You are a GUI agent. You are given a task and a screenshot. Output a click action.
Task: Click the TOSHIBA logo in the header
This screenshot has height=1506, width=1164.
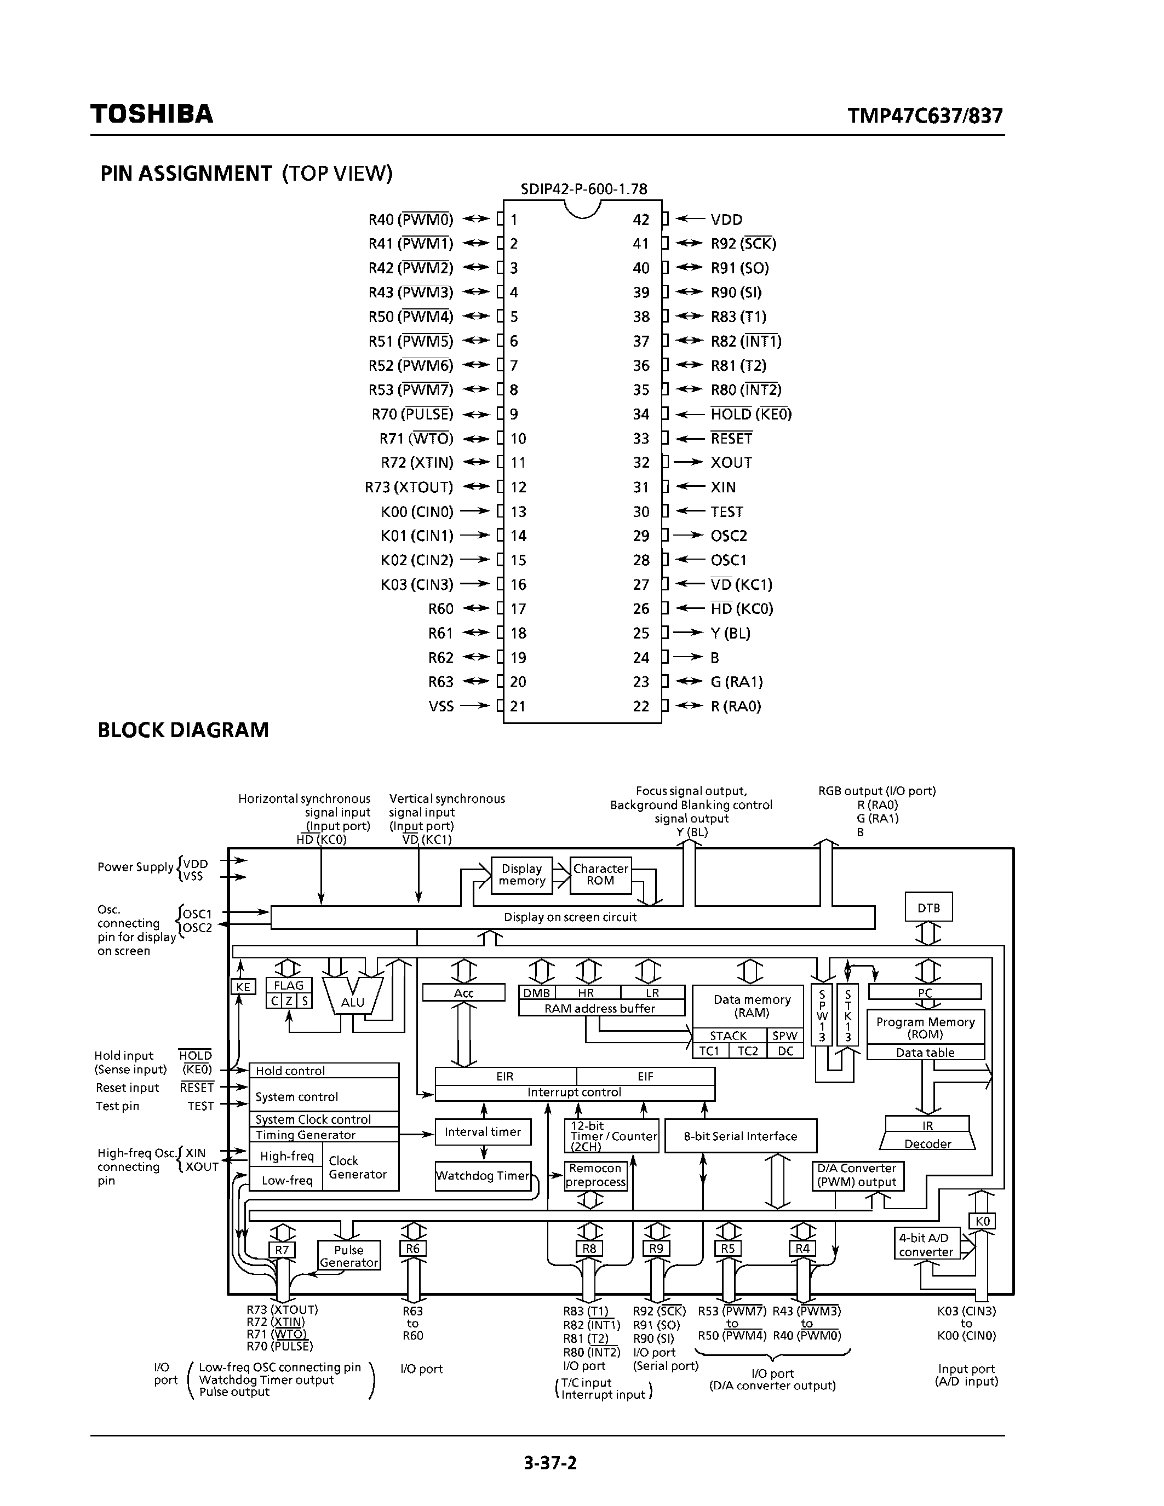pyautogui.click(x=152, y=114)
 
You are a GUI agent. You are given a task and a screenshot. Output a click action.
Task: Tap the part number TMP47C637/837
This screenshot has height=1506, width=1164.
pyautogui.click(x=925, y=115)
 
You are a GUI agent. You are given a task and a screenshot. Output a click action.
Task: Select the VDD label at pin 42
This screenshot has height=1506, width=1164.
pyautogui.click(x=726, y=220)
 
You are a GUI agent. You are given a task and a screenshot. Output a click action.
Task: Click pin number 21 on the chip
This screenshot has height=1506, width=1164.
pyautogui.click(x=518, y=706)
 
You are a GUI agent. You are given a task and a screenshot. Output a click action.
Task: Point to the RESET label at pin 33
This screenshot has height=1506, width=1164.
pyautogui.click(x=731, y=439)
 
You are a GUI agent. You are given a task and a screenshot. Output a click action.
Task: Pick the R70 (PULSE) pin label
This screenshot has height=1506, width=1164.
pyautogui.click(x=412, y=415)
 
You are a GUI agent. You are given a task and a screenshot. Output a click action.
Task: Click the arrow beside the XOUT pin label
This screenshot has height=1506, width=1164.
pyautogui.click(x=687, y=463)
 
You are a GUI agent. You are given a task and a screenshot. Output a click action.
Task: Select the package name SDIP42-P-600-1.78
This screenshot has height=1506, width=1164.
pyautogui.click(x=583, y=189)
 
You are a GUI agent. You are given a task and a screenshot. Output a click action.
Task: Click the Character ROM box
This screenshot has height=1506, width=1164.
pyautogui.click(x=600, y=875)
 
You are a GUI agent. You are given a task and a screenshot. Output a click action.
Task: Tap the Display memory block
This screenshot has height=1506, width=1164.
pyautogui.click(x=521, y=875)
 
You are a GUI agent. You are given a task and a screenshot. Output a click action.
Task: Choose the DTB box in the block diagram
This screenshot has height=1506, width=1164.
pyautogui.click(x=928, y=908)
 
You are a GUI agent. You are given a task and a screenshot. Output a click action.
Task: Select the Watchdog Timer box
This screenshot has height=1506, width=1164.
pyautogui.click(x=483, y=1176)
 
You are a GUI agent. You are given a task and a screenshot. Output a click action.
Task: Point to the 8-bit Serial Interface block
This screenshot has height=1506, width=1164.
pyautogui.click(x=740, y=1136)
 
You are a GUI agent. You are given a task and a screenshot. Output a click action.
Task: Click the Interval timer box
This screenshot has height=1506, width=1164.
pyautogui.click(x=483, y=1131)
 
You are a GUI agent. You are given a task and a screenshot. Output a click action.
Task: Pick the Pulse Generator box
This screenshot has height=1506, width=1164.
pyautogui.click(x=348, y=1256)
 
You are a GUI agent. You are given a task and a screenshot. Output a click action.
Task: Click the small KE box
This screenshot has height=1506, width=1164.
pyautogui.click(x=243, y=987)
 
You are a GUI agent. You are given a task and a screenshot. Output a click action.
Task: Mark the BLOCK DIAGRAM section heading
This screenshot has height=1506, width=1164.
pyautogui.click(x=183, y=730)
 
